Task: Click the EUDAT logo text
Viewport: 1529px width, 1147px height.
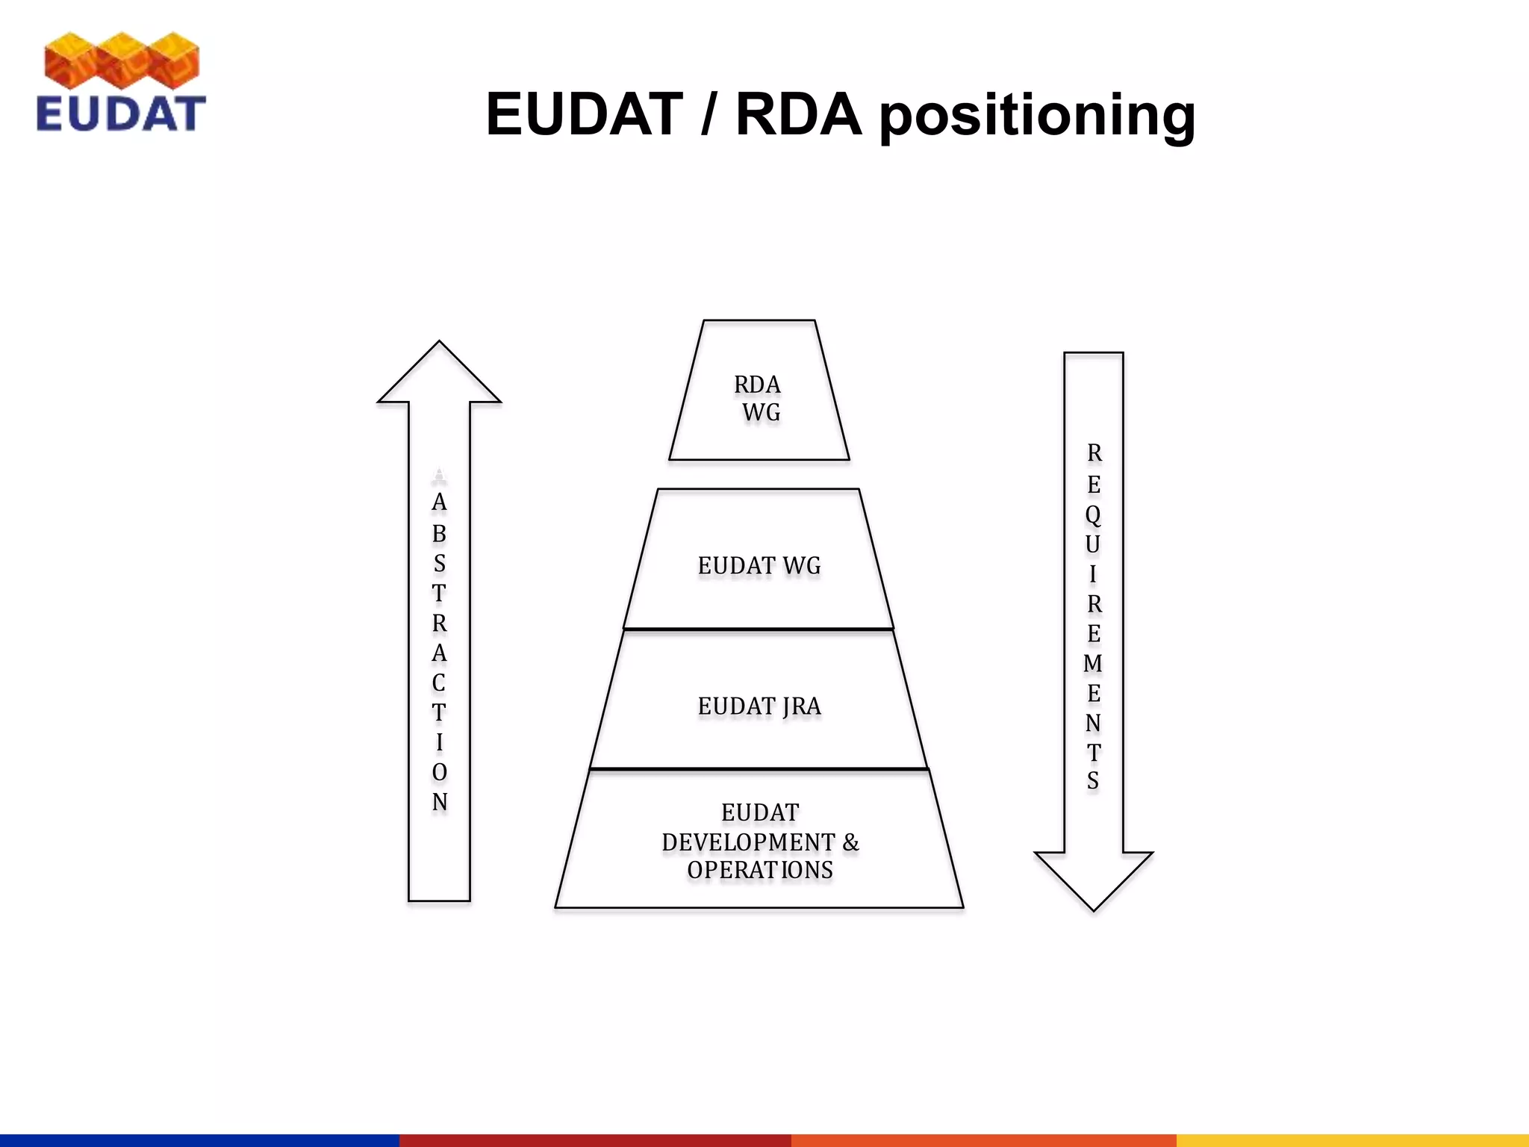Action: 120,114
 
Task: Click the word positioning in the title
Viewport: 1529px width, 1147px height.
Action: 1037,116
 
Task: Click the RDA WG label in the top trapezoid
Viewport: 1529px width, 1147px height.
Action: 759,398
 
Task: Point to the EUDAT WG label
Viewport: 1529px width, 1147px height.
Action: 759,566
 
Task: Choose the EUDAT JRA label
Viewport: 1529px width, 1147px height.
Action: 759,706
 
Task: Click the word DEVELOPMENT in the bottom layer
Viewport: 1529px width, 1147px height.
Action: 748,842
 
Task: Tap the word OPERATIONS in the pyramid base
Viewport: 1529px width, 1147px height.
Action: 759,871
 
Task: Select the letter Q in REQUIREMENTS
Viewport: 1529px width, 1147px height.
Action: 1093,515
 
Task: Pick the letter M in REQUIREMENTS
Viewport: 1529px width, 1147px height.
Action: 1093,663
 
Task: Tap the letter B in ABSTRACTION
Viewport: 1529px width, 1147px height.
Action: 439,534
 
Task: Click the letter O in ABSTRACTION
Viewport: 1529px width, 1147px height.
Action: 439,772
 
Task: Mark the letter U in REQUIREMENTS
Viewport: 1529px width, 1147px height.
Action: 1093,544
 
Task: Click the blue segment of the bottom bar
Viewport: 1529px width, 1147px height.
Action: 199,1140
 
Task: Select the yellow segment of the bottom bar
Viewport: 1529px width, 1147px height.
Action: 1352,1140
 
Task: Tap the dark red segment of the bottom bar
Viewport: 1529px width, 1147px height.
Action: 595,1140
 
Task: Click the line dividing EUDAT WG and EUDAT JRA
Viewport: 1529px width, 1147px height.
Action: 759,630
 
